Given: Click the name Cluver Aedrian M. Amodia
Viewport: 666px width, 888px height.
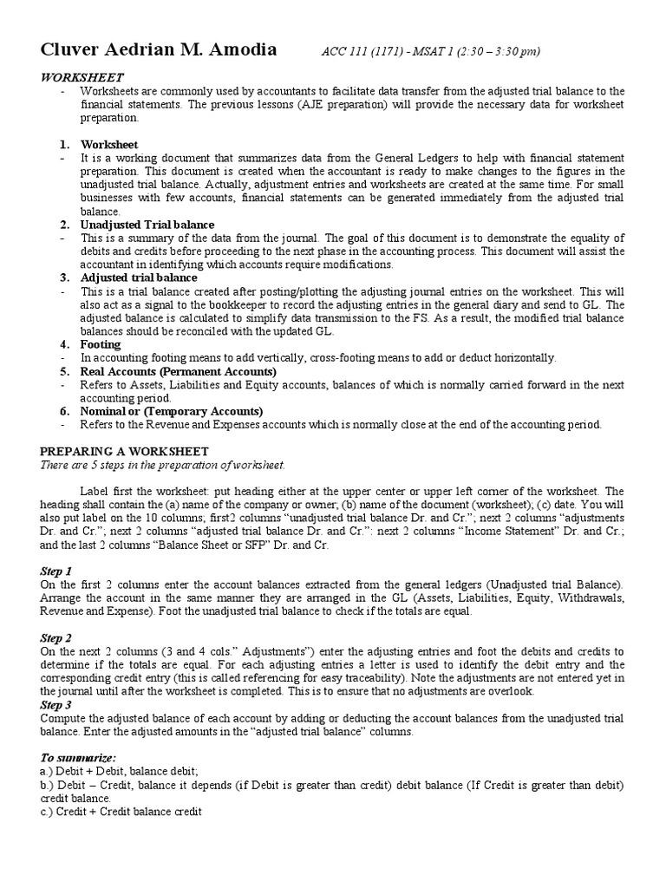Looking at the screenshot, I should point(159,49).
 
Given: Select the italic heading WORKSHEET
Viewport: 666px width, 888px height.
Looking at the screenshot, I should point(83,77).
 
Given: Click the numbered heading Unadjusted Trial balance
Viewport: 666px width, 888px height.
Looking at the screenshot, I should point(147,225).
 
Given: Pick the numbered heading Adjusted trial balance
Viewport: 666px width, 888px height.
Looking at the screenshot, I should point(139,277).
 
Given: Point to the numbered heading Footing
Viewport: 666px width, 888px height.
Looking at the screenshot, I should point(101,344).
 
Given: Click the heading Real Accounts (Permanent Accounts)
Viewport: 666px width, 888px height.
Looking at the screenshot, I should point(173,371).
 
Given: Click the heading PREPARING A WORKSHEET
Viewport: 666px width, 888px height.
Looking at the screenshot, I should point(125,451).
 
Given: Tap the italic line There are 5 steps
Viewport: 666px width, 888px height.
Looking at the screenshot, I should point(163,465).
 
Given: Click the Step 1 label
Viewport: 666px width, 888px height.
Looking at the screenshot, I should point(56,571).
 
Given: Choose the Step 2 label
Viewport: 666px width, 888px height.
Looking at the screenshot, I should point(56,637).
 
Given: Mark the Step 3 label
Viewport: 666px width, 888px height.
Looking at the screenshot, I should point(56,704).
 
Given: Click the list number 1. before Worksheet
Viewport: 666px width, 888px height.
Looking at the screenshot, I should point(64,144).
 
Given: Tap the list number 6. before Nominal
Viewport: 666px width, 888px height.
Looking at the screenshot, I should point(64,411).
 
